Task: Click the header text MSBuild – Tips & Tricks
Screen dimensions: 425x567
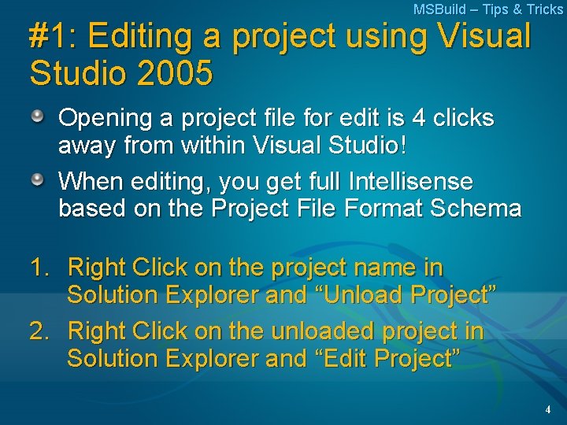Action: [488, 9]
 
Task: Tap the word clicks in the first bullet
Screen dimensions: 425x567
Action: [464, 119]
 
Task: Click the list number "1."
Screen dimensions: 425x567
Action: [41, 268]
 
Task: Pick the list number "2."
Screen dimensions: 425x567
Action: [41, 331]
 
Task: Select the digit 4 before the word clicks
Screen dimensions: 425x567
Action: [419, 119]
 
